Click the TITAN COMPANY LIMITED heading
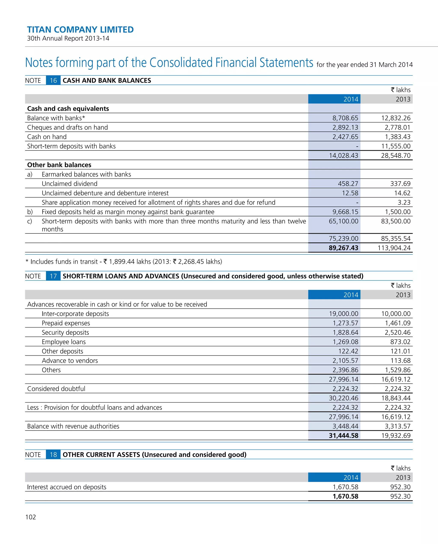click(x=80, y=29)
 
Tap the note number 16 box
click(x=53, y=81)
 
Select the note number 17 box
click(x=53, y=276)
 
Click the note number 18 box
click(x=53, y=454)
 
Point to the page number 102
click(x=31, y=517)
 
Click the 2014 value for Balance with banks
click(x=345, y=118)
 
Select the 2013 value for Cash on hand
click(x=397, y=137)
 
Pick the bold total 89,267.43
click(x=343, y=248)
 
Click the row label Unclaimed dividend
click(x=70, y=184)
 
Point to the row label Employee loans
click(x=64, y=342)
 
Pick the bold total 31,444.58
click(x=343, y=435)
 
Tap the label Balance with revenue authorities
click(x=73, y=426)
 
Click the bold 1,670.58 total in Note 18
click(x=345, y=496)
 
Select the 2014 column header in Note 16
click(x=351, y=99)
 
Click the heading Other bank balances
click(x=59, y=165)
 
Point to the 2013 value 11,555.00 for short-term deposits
click(x=396, y=146)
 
